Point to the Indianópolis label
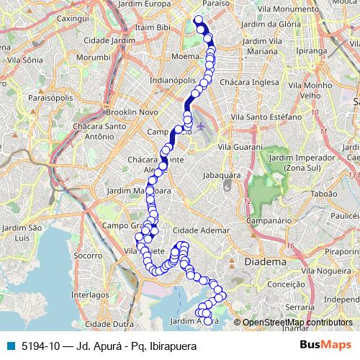pos(172,81)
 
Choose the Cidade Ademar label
pos(201,230)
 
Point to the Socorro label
pos(88,255)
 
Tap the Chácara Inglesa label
pos(248,82)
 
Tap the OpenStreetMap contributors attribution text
pos(297,323)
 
